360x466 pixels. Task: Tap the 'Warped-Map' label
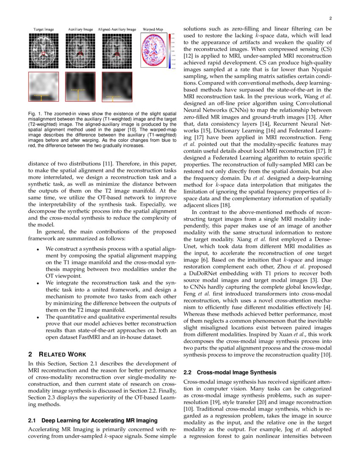[153, 30]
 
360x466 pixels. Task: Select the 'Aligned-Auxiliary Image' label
[117, 30]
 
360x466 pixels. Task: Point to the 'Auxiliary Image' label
[80, 30]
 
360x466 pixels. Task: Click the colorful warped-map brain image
[155, 51]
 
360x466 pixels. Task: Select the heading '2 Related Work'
[57, 354]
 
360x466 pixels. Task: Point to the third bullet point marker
[38, 316]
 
